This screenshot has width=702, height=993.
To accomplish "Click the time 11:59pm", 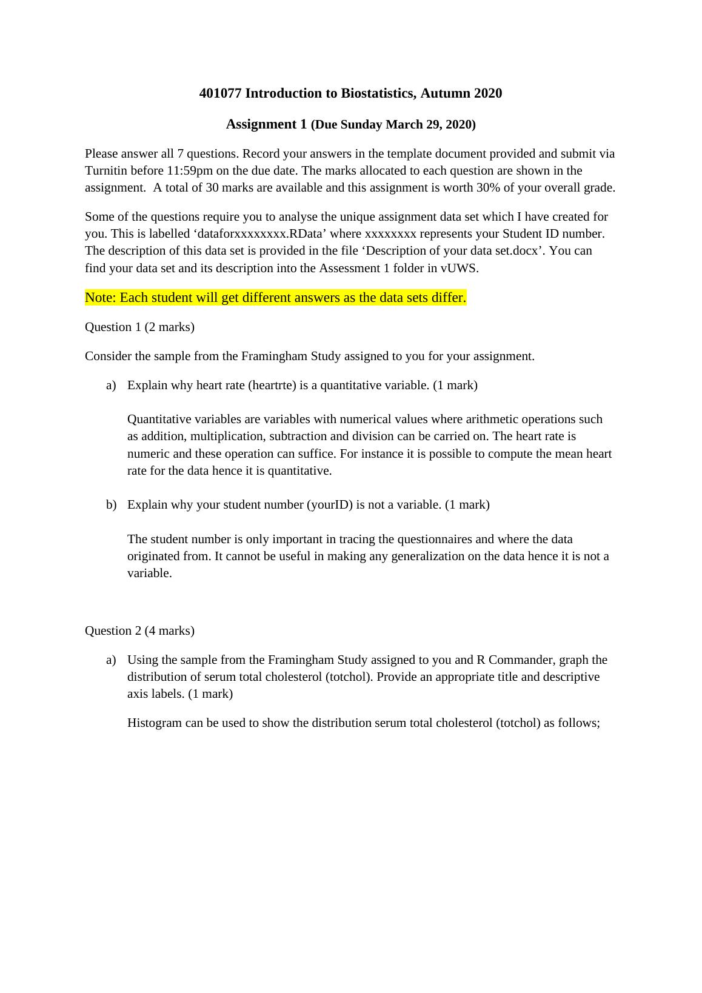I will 190,171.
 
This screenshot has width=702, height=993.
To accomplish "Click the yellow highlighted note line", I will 275,298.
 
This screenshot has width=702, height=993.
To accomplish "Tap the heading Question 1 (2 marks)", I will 139,327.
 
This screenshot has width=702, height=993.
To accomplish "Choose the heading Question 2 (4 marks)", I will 139,631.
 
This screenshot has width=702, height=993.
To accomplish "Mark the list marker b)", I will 111,505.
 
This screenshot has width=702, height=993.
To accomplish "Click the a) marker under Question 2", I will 111,660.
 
